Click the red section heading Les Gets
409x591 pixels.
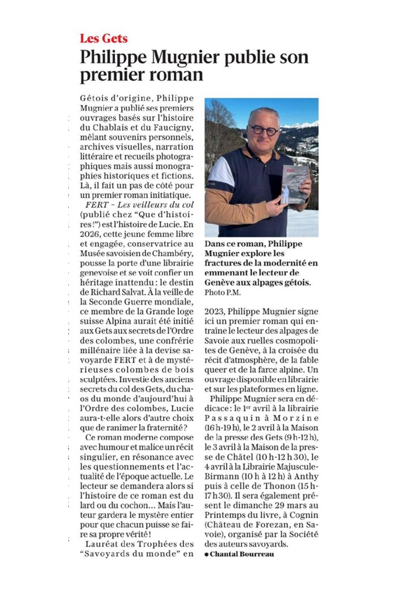[x=103, y=39]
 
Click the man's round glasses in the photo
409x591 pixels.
[x=264, y=130]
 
